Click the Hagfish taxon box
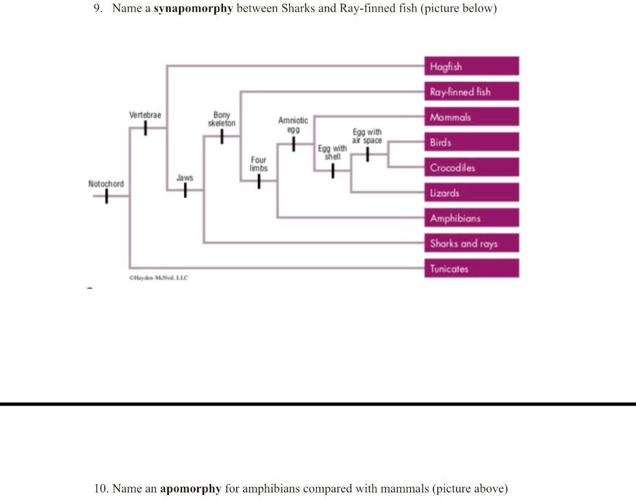point(472,66)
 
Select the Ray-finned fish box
point(472,92)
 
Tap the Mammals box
point(472,117)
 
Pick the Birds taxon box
point(472,142)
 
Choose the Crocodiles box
point(472,167)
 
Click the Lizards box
point(472,193)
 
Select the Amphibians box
point(472,218)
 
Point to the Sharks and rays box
point(472,243)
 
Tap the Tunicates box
point(472,269)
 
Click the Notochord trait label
point(106,184)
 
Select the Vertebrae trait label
point(145,115)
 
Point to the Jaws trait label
point(184,178)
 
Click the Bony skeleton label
point(222,119)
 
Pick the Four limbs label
point(258,164)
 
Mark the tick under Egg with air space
point(368,154)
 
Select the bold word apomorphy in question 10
point(191,489)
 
